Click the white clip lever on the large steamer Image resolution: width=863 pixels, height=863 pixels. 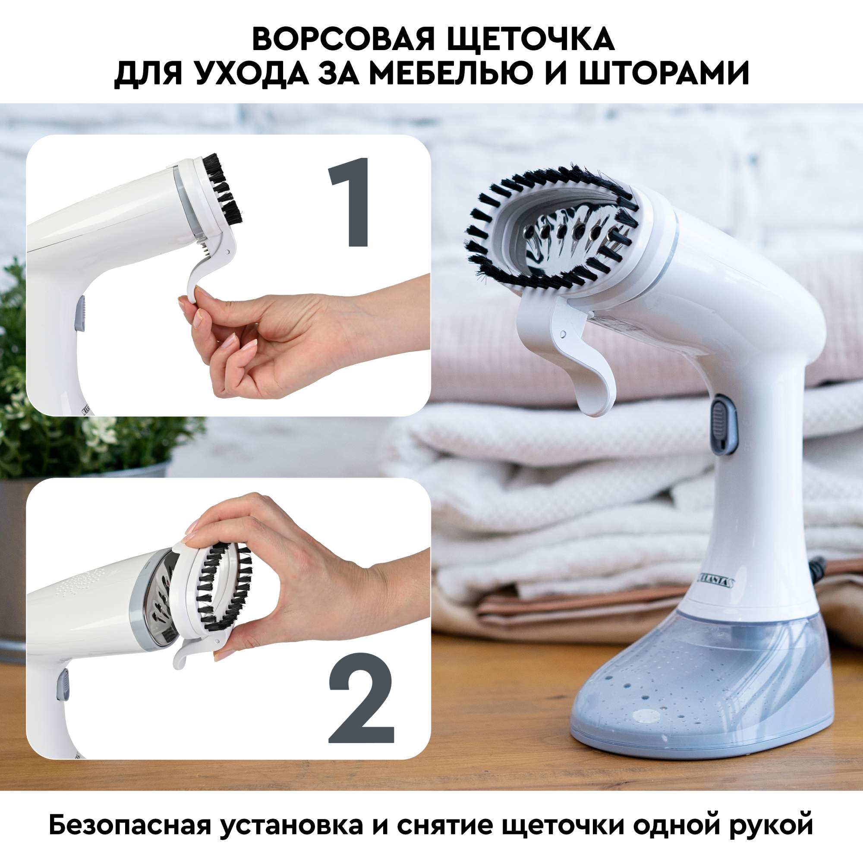[x=576, y=353]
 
